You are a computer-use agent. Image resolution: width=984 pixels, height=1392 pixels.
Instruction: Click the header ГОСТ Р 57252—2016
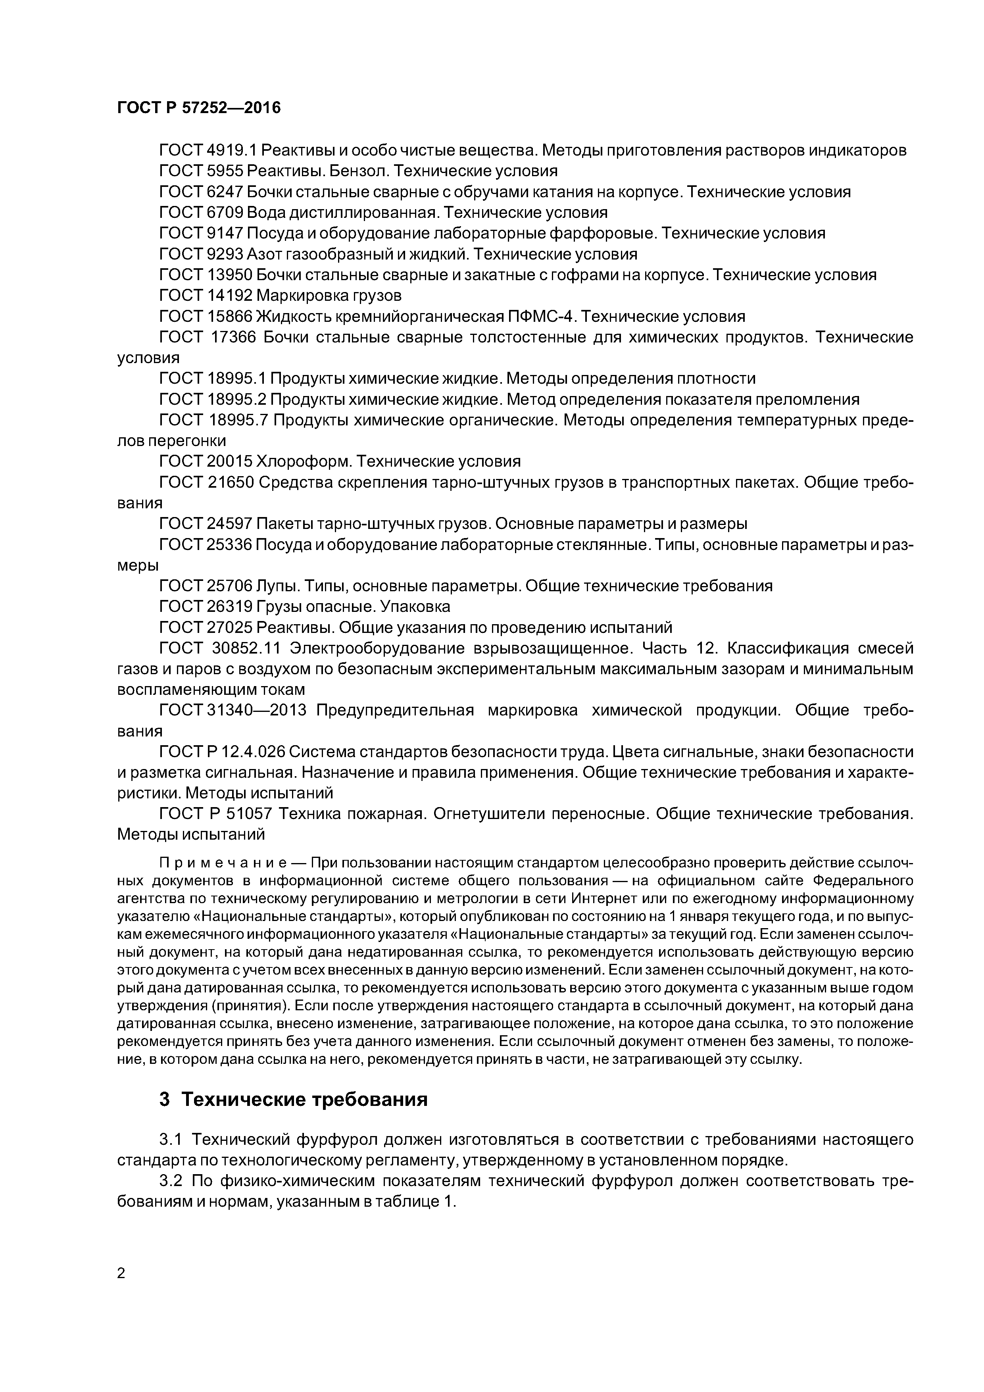click(x=199, y=108)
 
